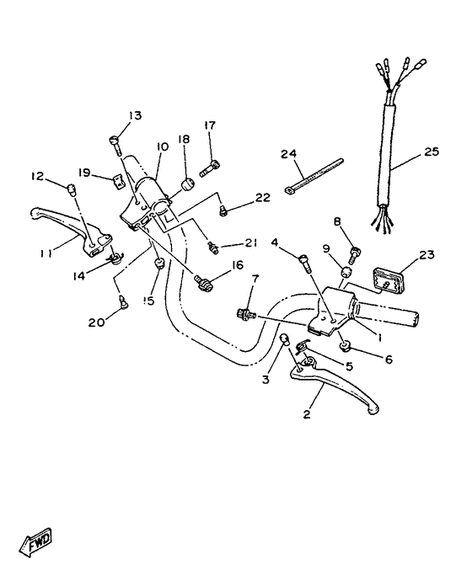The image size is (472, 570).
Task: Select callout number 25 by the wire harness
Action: click(x=432, y=152)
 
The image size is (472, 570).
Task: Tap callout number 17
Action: click(x=210, y=126)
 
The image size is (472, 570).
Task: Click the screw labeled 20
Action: click(x=125, y=302)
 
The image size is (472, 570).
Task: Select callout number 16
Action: click(x=236, y=265)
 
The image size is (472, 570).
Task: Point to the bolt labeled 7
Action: click(x=246, y=313)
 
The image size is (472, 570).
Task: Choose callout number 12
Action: click(x=37, y=176)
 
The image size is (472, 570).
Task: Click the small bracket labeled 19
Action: click(x=113, y=179)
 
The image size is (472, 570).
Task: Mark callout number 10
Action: click(x=162, y=146)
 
